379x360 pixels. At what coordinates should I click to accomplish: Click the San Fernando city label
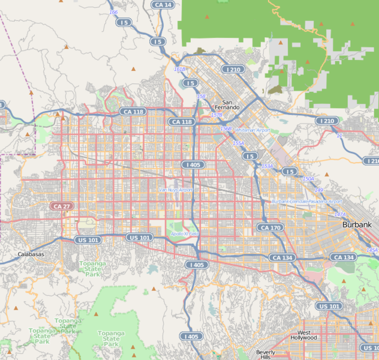(x=227, y=104)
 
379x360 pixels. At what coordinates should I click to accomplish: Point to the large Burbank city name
(x=356, y=224)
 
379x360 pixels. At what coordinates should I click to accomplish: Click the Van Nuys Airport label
(x=176, y=190)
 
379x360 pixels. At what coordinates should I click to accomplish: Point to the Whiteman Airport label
(x=252, y=130)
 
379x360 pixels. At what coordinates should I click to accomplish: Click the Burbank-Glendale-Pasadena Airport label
(x=306, y=202)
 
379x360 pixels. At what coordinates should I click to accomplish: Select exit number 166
(x=113, y=12)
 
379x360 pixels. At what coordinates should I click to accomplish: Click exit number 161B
(x=180, y=70)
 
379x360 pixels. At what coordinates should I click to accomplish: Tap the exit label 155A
(x=238, y=143)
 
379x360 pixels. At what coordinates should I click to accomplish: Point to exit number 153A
(x=267, y=166)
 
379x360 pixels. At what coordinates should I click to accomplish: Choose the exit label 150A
(x=308, y=179)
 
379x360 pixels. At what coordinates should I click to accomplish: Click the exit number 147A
(x=340, y=214)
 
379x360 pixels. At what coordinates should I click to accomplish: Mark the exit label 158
(x=201, y=96)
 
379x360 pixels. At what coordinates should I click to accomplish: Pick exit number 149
(x=318, y=190)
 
